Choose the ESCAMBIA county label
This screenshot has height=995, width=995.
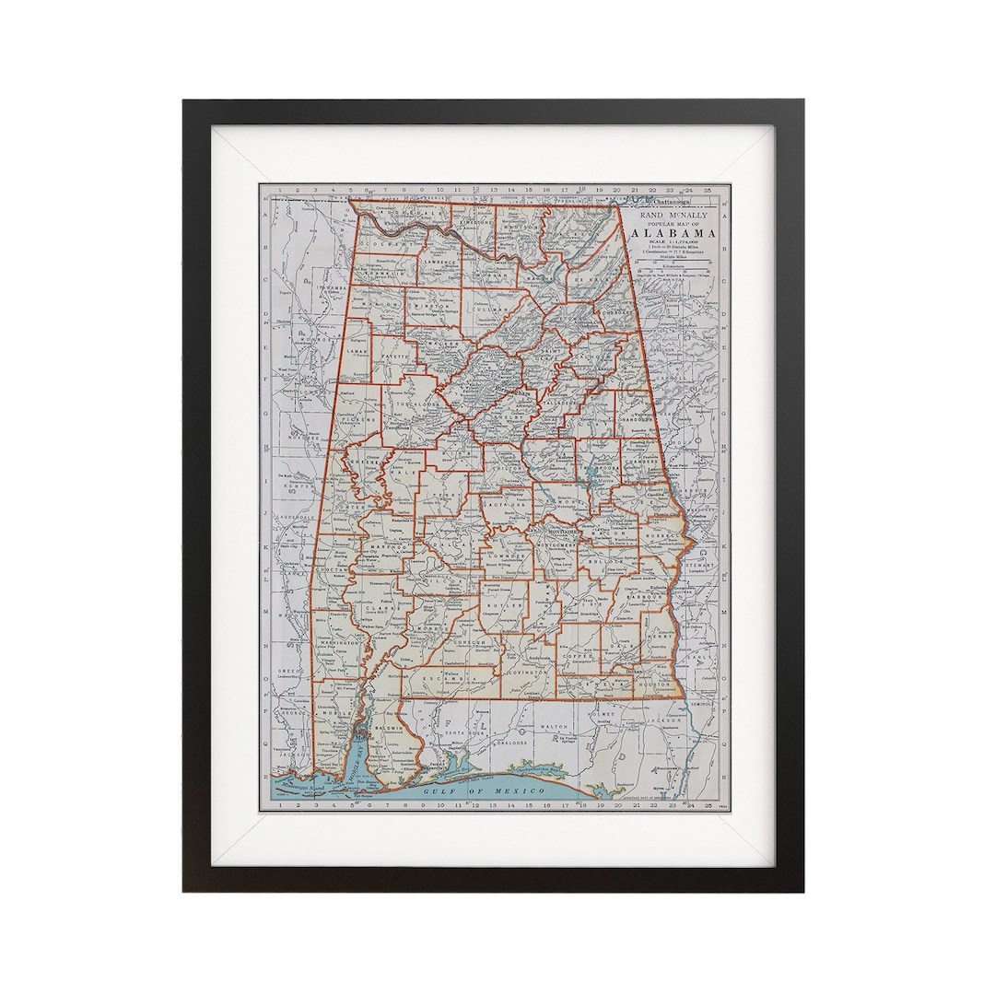(x=449, y=678)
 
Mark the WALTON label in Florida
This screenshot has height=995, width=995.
(x=554, y=727)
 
